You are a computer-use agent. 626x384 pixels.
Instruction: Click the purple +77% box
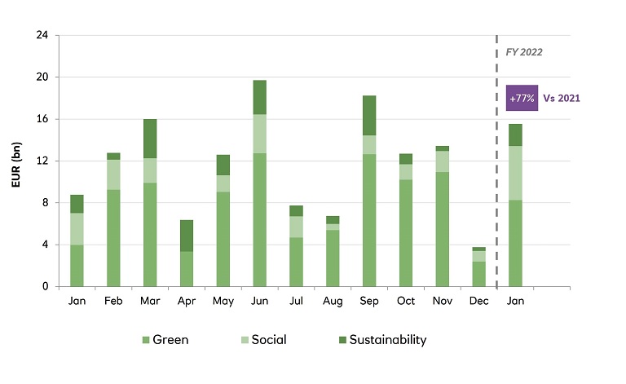[x=522, y=98]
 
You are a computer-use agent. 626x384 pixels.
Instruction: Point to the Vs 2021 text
[x=562, y=98]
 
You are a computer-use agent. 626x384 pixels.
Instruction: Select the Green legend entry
[x=166, y=340]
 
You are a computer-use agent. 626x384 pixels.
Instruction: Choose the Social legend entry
[x=262, y=340]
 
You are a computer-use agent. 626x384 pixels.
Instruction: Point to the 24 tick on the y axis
[x=42, y=36]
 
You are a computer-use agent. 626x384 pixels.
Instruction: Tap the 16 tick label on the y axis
[x=42, y=119]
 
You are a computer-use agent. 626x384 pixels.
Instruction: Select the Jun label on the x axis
[x=258, y=301]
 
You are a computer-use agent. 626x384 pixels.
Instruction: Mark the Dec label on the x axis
[x=479, y=301]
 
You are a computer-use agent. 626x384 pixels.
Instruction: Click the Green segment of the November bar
[x=443, y=228]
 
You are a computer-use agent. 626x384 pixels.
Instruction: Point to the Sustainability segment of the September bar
[x=369, y=115]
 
